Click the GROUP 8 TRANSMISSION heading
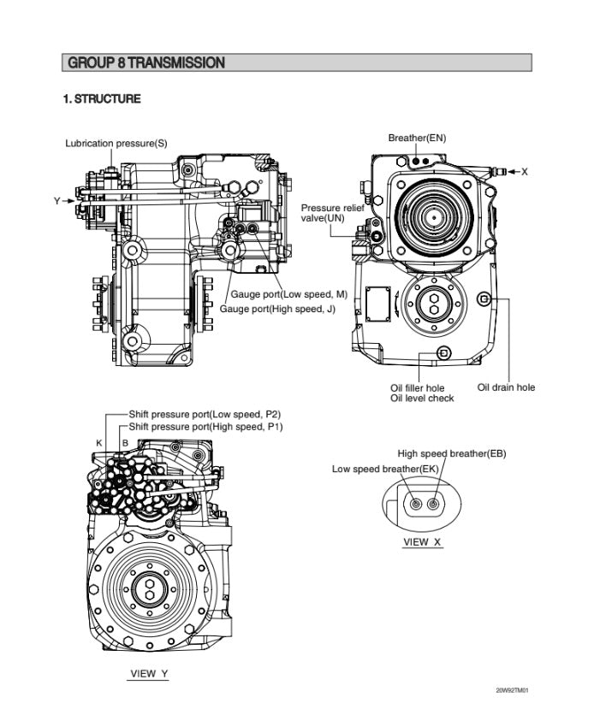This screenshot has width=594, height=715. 146,62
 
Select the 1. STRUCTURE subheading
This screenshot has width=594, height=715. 102,99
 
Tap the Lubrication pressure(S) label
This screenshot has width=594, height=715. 116,143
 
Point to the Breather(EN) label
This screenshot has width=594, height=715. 417,138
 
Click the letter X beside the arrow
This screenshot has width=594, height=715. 524,172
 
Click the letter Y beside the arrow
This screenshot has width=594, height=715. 57,201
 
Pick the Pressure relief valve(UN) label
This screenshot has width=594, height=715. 331,213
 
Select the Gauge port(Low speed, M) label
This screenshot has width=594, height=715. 288,294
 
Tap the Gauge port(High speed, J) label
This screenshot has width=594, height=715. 277,309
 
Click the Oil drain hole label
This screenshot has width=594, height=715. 506,387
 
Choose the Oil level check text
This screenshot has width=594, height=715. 422,399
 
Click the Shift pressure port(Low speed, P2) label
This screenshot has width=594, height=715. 205,414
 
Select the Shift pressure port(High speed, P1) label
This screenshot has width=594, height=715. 205,426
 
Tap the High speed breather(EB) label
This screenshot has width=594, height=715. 452,453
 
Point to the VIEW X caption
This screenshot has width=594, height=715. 423,541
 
